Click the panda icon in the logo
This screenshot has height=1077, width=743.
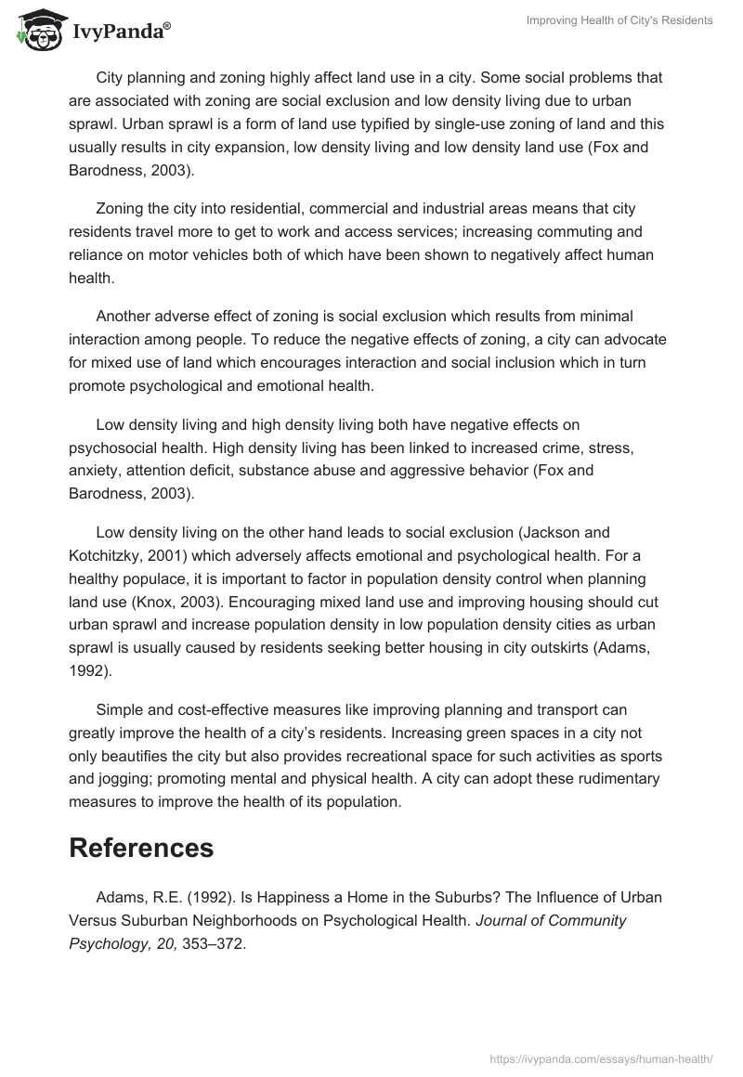36,30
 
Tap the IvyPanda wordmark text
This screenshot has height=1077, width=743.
121,32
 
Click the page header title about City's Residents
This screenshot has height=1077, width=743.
619,20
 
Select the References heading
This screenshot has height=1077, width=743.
141,847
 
